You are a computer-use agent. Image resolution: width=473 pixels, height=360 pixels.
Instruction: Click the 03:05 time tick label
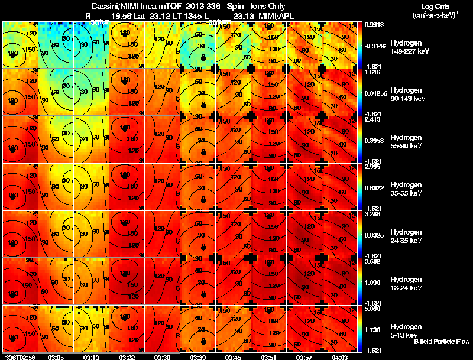[x=56, y=356]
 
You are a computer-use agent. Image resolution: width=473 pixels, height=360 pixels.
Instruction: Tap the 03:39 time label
[x=198, y=356]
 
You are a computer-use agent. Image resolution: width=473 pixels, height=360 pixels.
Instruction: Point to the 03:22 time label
[x=127, y=356]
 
